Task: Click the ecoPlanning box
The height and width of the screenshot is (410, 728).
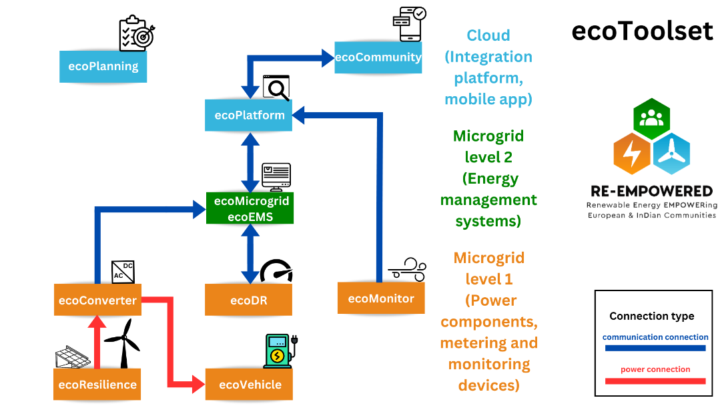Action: click(x=103, y=66)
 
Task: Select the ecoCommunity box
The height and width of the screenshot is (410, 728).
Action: click(x=378, y=57)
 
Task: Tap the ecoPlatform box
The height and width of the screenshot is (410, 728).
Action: click(x=249, y=115)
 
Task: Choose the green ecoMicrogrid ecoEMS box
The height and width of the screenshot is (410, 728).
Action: click(x=250, y=208)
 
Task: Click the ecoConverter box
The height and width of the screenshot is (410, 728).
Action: click(x=97, y=300)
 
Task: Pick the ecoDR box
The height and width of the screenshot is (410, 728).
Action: click(x=248, y=300)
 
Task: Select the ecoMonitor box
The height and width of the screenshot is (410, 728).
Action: click(x=381, y=298)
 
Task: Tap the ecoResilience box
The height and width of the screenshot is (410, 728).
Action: click(x=97, y=384)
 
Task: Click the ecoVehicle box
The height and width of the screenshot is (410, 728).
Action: click(x=250, y=384)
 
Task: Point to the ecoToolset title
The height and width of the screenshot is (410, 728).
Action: click(x=642, y=31)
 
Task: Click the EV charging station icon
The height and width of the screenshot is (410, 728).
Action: click(x=278, y=351)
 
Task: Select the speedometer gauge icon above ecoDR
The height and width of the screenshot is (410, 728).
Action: click(x=276, y=270)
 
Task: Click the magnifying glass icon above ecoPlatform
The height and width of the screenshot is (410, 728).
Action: click(x=276, y=87)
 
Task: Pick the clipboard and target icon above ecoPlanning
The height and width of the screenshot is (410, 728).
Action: click(x=135, y=34)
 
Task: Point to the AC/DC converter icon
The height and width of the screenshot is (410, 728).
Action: click(x=123, y=272)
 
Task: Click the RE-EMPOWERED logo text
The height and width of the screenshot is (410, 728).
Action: click(x=652, y=192)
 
